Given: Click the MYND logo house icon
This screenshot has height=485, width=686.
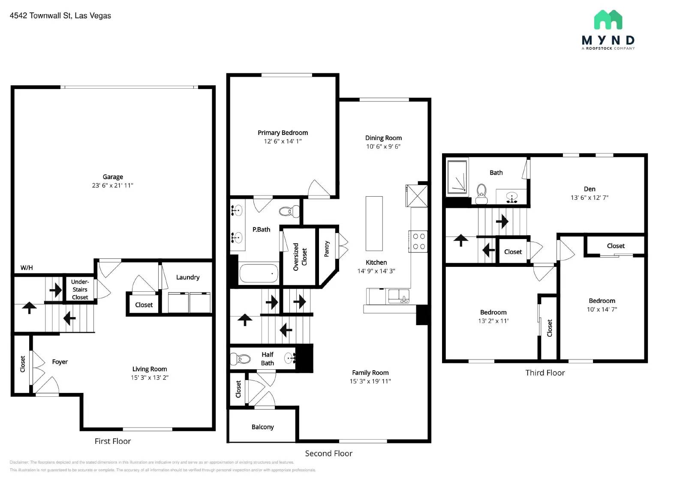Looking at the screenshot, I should tap(608, 20).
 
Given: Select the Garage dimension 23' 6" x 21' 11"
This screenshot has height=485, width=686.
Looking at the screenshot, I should tap(112, 186).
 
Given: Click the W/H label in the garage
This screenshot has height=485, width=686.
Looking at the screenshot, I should tap(27, 268).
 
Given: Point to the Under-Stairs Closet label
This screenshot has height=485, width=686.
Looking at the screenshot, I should tap(80, 289).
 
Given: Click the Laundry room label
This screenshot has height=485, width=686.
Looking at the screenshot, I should tap(187, 277).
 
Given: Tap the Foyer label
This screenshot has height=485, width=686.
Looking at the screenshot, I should tap(60, 362).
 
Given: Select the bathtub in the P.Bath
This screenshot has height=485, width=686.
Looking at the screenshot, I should tap(259, 273).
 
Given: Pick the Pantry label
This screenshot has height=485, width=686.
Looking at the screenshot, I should tap(327, 248).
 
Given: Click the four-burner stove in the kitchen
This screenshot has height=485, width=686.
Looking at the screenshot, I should tap(418, 241).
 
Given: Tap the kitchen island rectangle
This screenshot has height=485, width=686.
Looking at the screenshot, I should tap(374, 223).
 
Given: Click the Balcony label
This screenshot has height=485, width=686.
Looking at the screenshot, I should tap(262, 427).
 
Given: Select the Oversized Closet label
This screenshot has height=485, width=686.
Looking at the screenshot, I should tap(300, 257).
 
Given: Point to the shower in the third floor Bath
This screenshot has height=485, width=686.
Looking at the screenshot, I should tap(457, 176).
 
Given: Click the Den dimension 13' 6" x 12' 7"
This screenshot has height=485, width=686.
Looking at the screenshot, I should tap(589, 198).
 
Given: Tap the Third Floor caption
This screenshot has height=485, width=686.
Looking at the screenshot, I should tap(545, 373).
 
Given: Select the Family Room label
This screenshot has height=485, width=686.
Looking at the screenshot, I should tap(370, 373).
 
